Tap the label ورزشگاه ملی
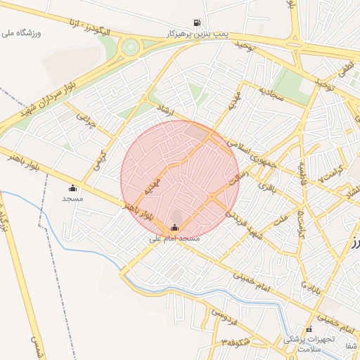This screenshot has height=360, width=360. point(23,33)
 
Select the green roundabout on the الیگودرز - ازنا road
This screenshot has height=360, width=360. point(129,47)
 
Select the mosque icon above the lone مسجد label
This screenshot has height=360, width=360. point(72,188)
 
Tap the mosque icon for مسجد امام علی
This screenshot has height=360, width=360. point(174,227)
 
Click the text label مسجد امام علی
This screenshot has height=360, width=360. point(174,238)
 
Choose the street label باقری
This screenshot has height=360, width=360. point(269,188)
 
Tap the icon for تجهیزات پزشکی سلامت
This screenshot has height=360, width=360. point(308,328)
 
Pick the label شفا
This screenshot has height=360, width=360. point(351,345)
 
